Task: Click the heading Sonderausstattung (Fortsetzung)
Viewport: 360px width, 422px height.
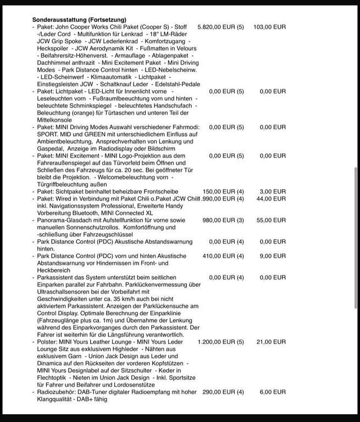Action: pyautogui.click(x=79, y=20)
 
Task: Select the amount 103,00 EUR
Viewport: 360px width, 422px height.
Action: pyautogui.click(x=270, y=27)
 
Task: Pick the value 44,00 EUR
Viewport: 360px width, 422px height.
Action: pyautogui.click(x=272, y=198)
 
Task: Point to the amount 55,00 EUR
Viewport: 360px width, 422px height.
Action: pyautogui.click(x=272, y=220)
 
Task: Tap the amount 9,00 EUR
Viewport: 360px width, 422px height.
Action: pyautogui.click(x=273, y=256)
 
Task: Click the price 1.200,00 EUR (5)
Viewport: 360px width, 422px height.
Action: pyautogui.click(x=220, y=342)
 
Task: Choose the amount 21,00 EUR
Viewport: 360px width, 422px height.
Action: pyautogui.click(x=272, y=342)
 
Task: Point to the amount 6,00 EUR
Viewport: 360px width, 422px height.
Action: pyautogui.click(x=273, y=392)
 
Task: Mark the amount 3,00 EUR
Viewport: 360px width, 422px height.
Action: pyautogui.click(x=273, y=191)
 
